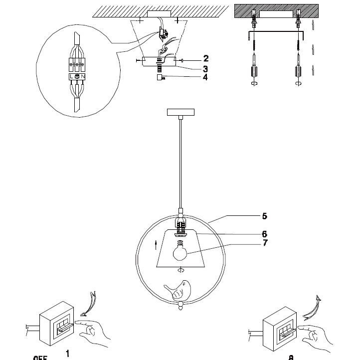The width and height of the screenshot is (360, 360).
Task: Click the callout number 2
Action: tap(206, 59)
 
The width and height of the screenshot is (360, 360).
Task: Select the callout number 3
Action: tap(206, 68)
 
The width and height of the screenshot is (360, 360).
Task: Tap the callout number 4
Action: tap(206, 77)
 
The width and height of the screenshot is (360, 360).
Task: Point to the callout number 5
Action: tap(265, 216)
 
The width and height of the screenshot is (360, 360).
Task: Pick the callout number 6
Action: tap(265, 233)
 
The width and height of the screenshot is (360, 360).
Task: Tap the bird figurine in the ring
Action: tap(180, 291)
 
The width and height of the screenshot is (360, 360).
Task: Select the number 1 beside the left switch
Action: tap(67, 353)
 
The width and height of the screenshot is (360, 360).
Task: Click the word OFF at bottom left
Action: tap(40, 358)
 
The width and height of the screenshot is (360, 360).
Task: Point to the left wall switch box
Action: tap(58, 324)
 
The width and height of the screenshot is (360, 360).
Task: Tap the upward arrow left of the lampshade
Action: tap(157, 245)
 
